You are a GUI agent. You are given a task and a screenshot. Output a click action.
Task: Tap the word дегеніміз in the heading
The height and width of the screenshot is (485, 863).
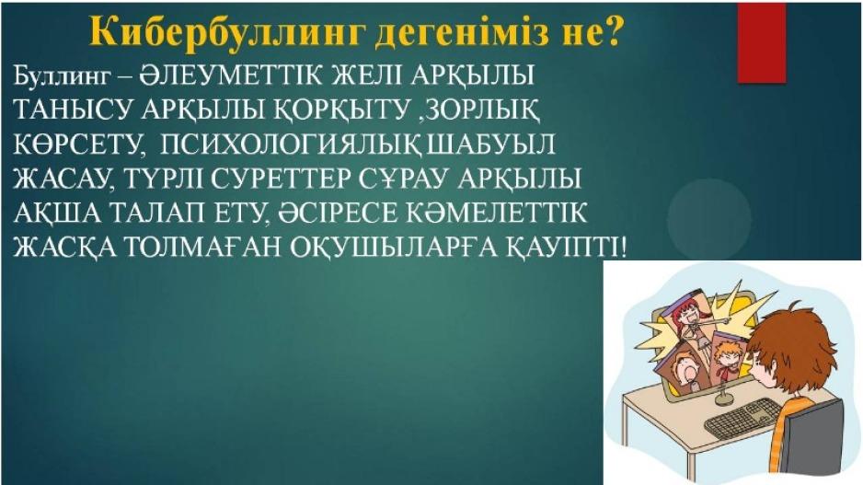click(463, 32)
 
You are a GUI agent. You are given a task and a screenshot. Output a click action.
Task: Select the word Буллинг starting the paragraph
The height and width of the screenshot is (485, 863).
click(63, 76)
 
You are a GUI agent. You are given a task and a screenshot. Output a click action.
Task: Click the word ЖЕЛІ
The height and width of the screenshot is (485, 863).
click(367, 75)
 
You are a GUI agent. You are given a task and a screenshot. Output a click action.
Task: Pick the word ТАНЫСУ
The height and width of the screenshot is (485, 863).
click(74, 110)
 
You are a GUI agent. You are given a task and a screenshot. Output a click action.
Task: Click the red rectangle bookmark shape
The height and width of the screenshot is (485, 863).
click(762, 43)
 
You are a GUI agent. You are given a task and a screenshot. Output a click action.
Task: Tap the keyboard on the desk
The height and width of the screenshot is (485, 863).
click(743, 417)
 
